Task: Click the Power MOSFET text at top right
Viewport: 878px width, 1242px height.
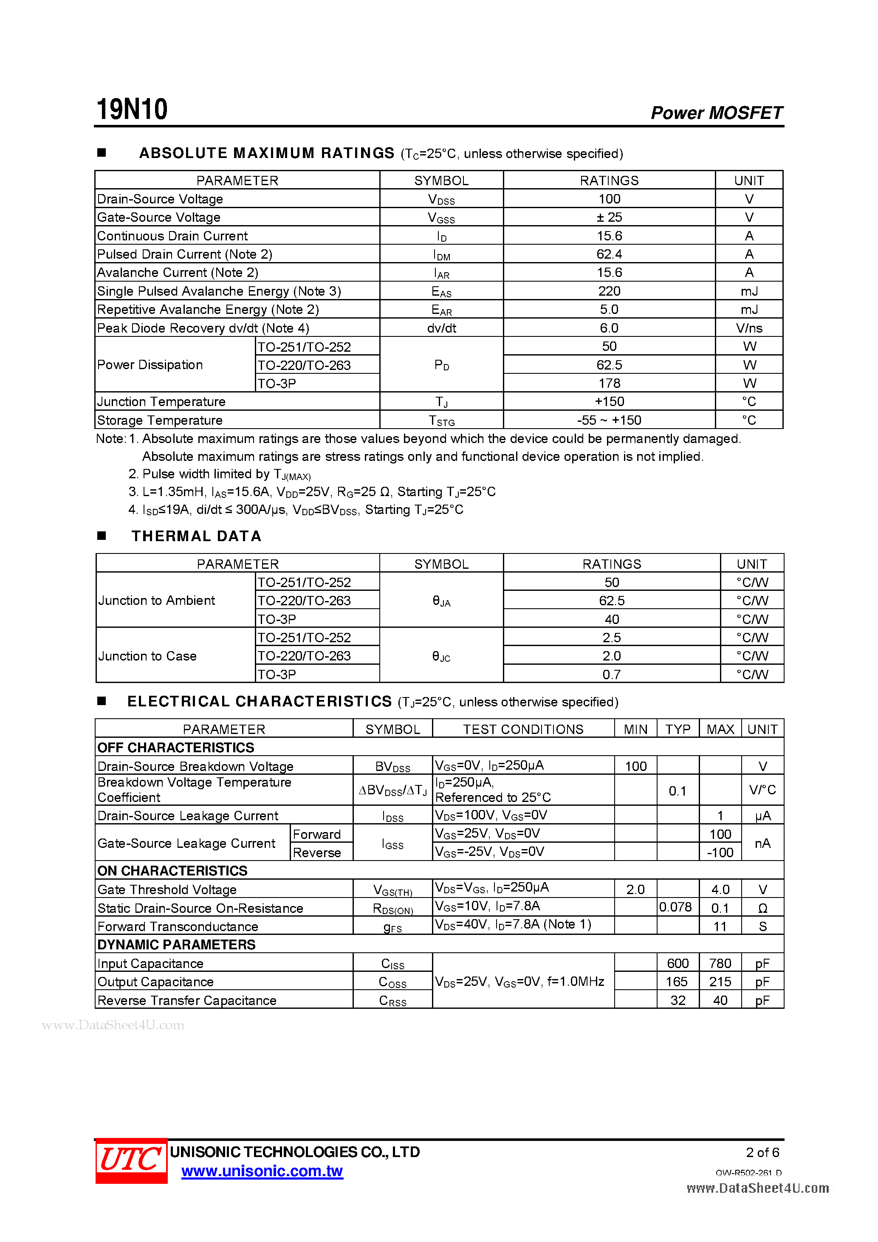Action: pos(716,113)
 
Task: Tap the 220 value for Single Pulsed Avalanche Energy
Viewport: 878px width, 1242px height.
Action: pos(609,291)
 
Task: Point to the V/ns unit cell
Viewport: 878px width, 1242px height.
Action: pos(749,328)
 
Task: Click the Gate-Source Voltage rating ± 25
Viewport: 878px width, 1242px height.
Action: pos(609,217)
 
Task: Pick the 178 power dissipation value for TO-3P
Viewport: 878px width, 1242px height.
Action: pos(609,383)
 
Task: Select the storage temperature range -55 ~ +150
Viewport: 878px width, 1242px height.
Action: pos(609,420)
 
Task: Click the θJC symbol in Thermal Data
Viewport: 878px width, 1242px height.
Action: pos(441,656)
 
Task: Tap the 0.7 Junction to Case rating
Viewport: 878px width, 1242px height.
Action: pos(611,674)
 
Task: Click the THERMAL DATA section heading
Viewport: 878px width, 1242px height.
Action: pos(196,536)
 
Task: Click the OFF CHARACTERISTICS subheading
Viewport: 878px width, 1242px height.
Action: pos(175,748)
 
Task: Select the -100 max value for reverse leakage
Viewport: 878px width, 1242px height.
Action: pos(720,852)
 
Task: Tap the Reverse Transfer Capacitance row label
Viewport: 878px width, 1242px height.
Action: pos(186,1000)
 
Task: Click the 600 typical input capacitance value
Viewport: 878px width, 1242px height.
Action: pos(678,963)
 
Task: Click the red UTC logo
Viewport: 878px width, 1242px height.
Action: pos(131,1159)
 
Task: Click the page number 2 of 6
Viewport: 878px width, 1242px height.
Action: pos(762,1152)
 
